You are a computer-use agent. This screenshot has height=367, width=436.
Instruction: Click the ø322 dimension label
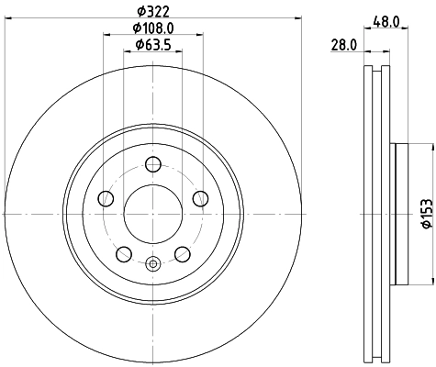click(153, 12)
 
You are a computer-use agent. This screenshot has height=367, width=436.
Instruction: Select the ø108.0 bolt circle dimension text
click(153, 29)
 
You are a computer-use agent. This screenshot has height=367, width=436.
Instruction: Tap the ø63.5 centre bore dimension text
click(153, 45)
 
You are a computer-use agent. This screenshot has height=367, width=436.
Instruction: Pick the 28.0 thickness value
click(344, 44)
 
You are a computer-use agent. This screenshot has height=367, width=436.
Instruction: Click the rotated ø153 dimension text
click(426, 213)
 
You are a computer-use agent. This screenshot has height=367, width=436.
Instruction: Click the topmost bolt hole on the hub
click(153, 164)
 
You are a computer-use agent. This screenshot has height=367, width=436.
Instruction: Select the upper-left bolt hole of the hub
click(106, 199)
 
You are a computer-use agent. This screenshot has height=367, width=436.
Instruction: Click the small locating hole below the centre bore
click(153, 265)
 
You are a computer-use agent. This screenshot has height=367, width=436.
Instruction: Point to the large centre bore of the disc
click(153, 214)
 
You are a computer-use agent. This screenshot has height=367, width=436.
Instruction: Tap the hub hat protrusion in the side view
click(396, 213)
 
